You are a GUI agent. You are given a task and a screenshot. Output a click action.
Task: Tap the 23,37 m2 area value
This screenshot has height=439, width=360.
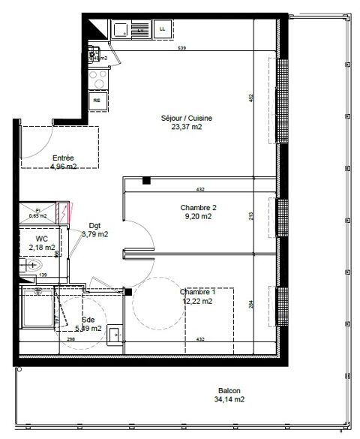point(187,127)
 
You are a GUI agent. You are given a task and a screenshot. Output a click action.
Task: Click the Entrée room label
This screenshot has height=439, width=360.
point(63,158)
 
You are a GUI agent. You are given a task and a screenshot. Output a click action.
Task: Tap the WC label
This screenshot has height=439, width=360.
point(42,238)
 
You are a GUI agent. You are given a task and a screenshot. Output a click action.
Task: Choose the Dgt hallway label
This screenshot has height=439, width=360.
point(95,225)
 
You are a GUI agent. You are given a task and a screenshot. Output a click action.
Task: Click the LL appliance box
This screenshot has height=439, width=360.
point(162,29)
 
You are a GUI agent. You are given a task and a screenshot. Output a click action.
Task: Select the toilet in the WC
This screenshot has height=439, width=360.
point(35,265)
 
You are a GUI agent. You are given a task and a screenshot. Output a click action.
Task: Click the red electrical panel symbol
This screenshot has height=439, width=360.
point(66,212)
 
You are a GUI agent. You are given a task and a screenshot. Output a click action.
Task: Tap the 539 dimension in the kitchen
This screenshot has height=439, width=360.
point(181,49)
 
